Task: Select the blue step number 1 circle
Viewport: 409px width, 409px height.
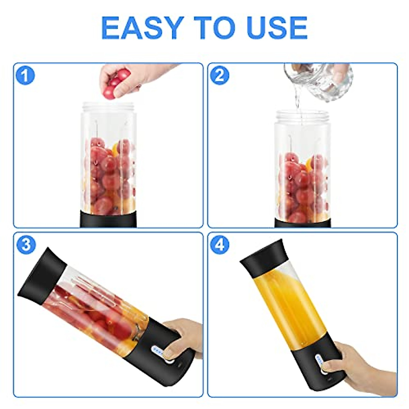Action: tap(26, 76)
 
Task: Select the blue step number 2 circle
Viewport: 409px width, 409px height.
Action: tap(220, 76)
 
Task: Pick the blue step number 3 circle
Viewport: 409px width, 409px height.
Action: tap(26, 245)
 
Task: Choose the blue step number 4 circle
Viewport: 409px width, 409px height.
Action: tap(220, 245)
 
